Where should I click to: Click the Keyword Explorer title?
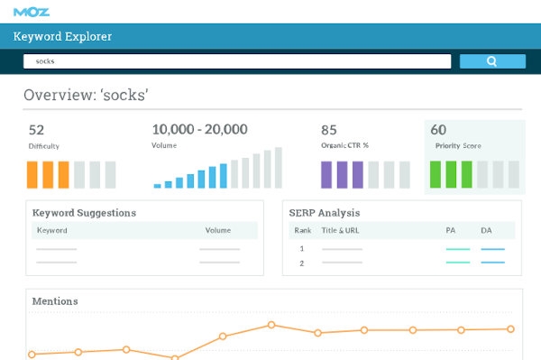click(63, 37)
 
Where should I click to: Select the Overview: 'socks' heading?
click(86, 96)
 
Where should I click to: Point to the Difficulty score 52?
click(36, 130)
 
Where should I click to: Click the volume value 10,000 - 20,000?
click(200, 130)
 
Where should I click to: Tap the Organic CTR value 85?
click(329, 130)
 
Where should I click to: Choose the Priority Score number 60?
click(438, 130)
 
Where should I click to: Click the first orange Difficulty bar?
click(32, 174)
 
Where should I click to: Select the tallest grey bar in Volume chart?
click(277, 168)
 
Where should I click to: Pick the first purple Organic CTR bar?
click(326, 174)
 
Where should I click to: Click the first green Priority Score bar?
click(435, 174)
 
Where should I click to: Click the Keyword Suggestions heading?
click(84, 213)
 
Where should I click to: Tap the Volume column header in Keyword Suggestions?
click(218, 230)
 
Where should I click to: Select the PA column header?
click(451, 230)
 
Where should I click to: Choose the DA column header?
click(486, 230)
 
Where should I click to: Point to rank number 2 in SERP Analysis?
click(301, 263)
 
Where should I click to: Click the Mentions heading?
click(55, 300)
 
